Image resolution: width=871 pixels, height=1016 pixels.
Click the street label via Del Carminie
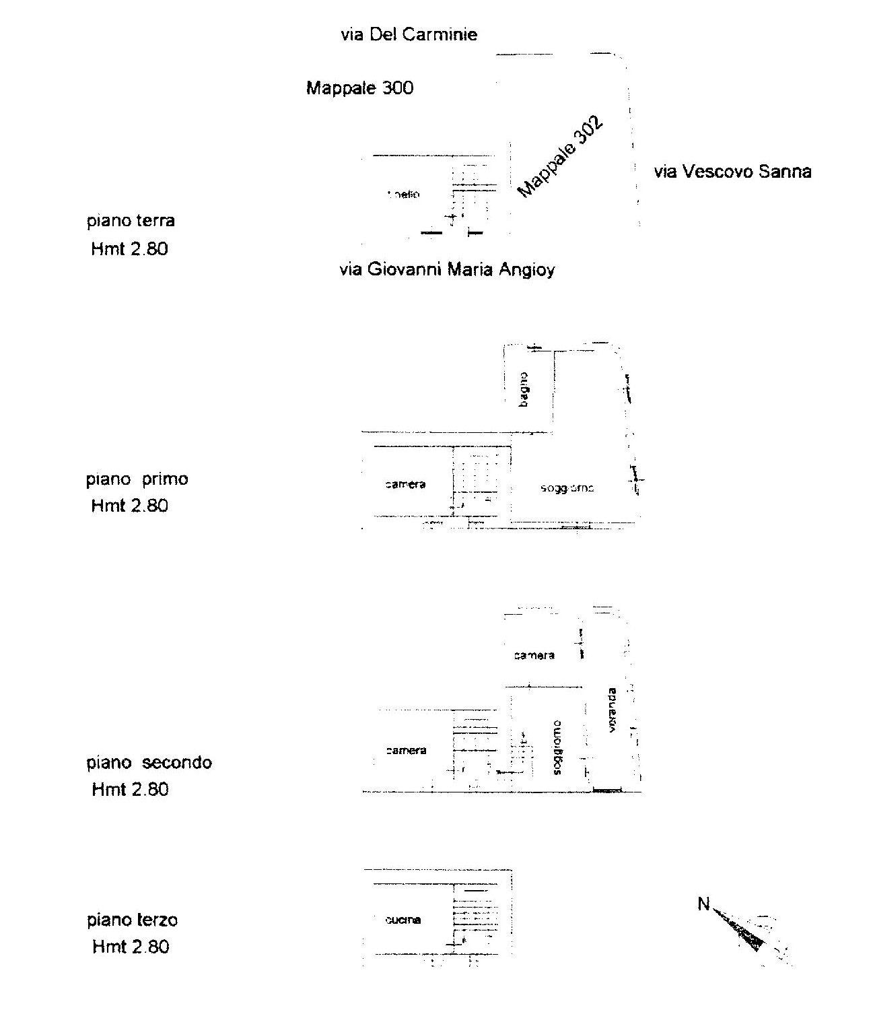pyautogui.click(x=409, y=34)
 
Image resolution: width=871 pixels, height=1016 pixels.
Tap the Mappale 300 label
pyautogui.click(x=359, y=88)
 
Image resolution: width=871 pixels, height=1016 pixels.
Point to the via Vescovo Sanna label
pyautogui.click(x=732, y=172)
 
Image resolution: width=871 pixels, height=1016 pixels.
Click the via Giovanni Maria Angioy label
pyautogui.click(x=447, y=270)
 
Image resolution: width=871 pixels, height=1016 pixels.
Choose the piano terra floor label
pyautogui.click(x=131, y=221)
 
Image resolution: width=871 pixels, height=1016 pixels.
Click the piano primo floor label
pyautogui.click(x=137, y=479)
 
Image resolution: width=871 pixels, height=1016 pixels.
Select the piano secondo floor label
pyautogui.click(x=149, y=763)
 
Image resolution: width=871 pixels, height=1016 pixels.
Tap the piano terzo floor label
pyautogui.click(x=132, y=920)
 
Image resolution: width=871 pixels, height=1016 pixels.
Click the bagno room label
pyautogui.click(x=524, y=389)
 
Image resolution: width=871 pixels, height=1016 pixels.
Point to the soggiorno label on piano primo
pyautogui.click(x=567, y=488)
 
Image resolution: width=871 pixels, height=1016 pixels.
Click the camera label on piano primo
pyautogui.click(x=405, y=484)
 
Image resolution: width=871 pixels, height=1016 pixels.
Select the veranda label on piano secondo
pyautogui.click(x=611, y=710)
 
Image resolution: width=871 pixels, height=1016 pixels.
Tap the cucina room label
pyautogui.click(x=403, y=920)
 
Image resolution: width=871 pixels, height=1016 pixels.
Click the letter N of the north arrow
pyautogui.click(x=703, y=904)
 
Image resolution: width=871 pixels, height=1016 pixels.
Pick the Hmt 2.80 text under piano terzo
pyautogui.click(x=131, y=947)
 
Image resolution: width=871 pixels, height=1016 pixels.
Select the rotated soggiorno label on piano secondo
pyautogui.click(x=557, y=747)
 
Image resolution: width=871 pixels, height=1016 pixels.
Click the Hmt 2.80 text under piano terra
pyautogui.click(x=129, y=249)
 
